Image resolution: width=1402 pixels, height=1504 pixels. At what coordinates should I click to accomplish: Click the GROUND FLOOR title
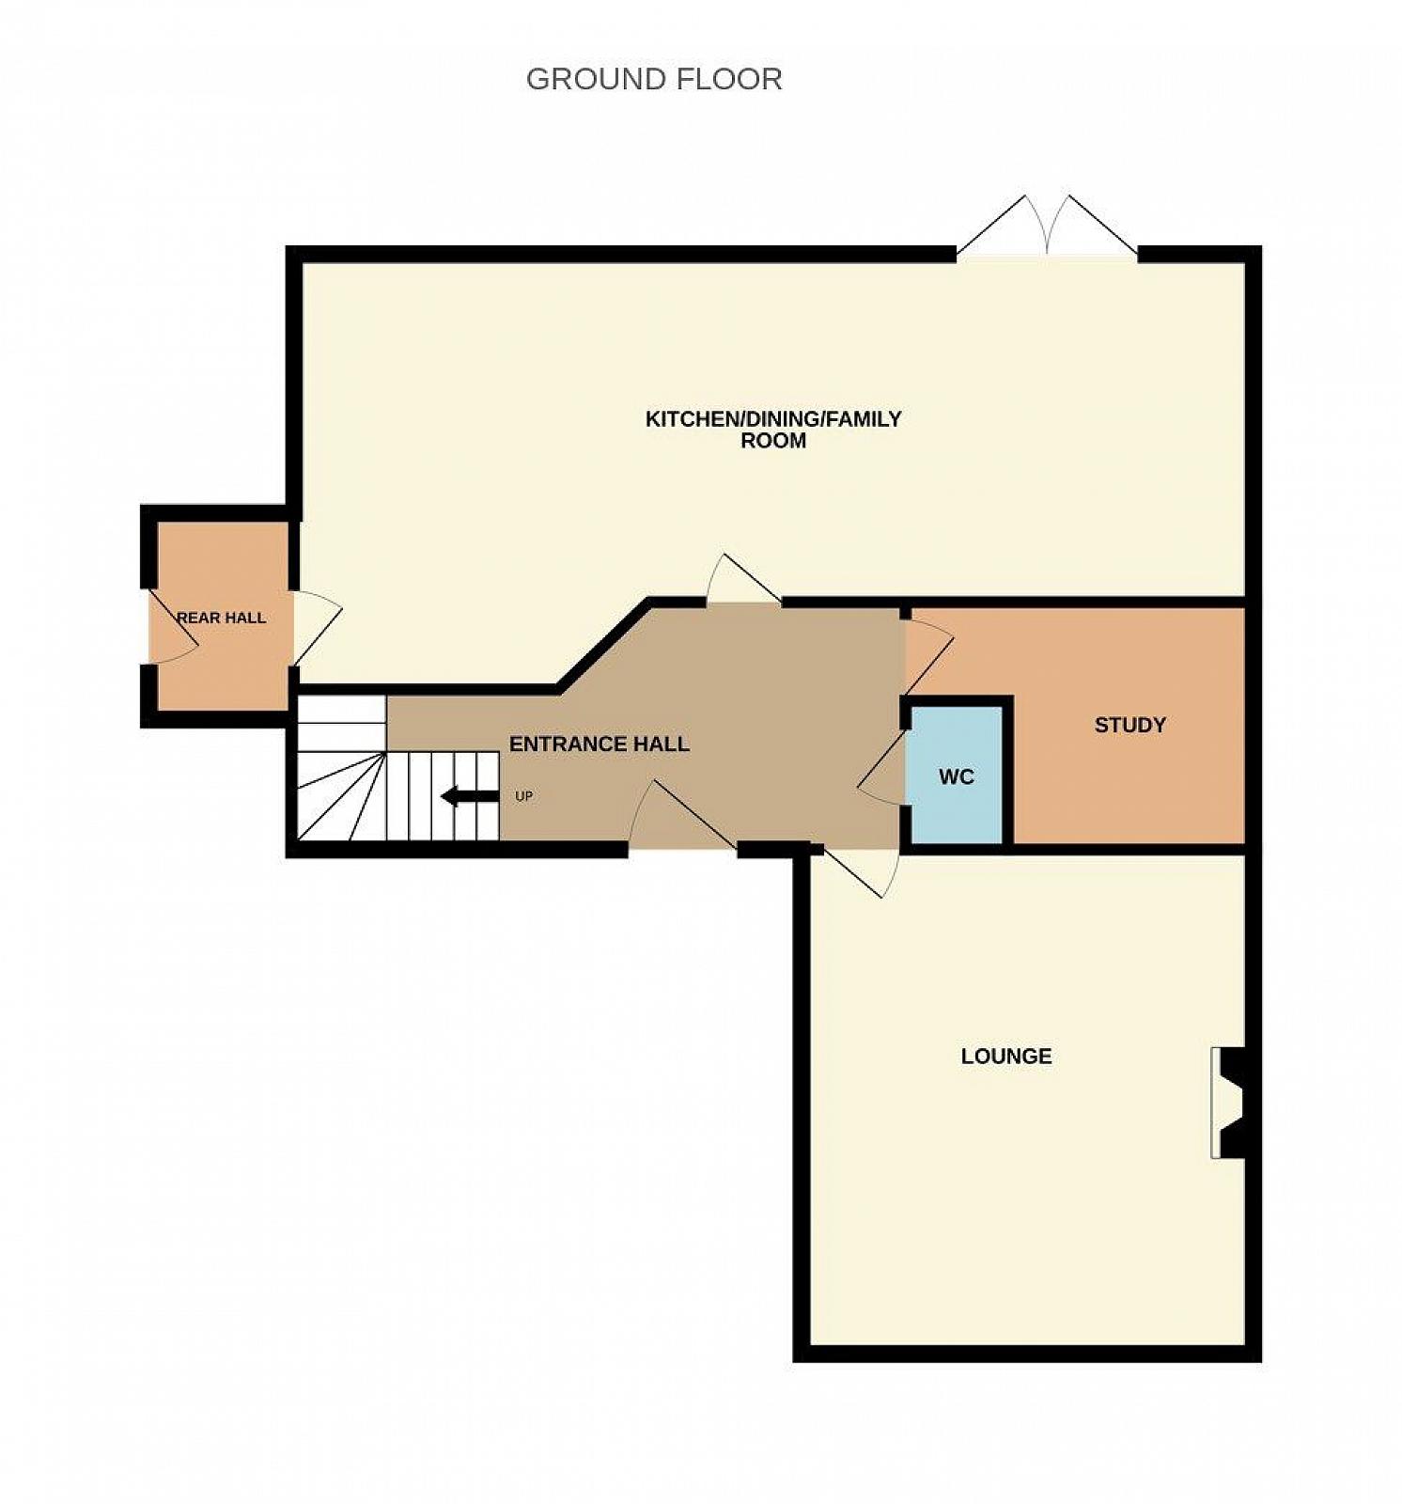coord(654,79)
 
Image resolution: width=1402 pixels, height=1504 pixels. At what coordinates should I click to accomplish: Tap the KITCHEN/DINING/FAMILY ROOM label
coord(773,430)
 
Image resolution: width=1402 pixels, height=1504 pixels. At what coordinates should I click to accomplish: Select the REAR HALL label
coord(222,618)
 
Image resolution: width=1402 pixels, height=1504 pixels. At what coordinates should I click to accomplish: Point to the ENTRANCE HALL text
coord(600,744)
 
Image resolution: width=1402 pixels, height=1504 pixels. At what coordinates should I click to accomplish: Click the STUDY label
coord(1130,725)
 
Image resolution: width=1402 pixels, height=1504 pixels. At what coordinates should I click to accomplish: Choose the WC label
coord(957,777)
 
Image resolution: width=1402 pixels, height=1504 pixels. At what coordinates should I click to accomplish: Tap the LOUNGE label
coord(1006,1056)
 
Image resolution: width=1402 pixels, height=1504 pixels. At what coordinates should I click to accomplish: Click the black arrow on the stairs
coord(470,797)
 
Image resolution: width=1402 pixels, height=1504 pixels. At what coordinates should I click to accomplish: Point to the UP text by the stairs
coord(524,796)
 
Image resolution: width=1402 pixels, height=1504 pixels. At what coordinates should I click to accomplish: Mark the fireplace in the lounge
coord(1228,1103)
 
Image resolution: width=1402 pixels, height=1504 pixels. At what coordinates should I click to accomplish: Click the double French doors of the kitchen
coord(1047,226)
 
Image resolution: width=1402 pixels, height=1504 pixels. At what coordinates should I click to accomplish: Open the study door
coord(928,651)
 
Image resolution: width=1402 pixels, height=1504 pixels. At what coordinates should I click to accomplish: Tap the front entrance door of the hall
coord(682,813)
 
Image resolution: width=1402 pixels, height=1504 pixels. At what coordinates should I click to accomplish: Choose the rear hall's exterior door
coord(172,627)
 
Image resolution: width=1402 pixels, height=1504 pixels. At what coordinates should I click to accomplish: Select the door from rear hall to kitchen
coord(318,627)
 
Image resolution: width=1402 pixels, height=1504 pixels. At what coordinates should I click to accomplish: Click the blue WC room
coord(957,776)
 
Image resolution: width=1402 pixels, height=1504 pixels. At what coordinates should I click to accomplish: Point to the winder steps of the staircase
coord(341,795)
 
